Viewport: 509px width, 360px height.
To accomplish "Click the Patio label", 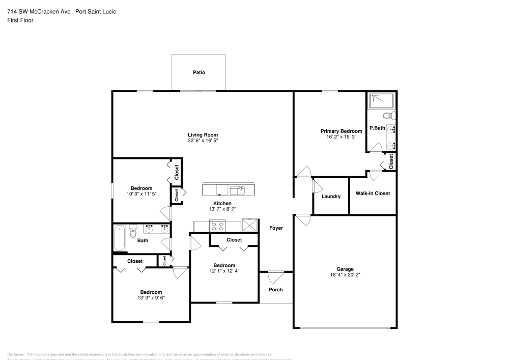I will click(x=199, y=73).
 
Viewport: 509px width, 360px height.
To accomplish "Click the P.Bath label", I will click(x=377, y=128).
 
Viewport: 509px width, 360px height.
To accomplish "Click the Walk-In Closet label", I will click(x=373, y=193).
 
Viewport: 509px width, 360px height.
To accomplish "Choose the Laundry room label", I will click(x=331, y=197).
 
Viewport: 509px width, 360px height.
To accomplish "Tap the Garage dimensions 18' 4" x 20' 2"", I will click(x=345, y=275).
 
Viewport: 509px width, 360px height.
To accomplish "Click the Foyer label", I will click(x=276, y=228).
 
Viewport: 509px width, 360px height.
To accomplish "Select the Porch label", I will click(x=275, y=290).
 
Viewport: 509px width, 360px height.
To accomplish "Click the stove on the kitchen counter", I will click(x=218, y=225).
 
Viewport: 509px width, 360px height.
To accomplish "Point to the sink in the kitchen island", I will click(x=237, y=190).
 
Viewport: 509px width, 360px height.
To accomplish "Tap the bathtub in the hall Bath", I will click(x=120, y=237).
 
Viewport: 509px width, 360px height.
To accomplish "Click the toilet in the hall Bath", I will click(x=133, y=232).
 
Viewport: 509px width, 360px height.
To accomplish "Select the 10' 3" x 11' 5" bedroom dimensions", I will click(x=141, y=194).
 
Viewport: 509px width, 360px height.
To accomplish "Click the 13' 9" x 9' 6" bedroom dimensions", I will click(x=151, y=298).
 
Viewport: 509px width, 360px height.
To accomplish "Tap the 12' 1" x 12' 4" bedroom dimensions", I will click(x=224, y=271).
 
